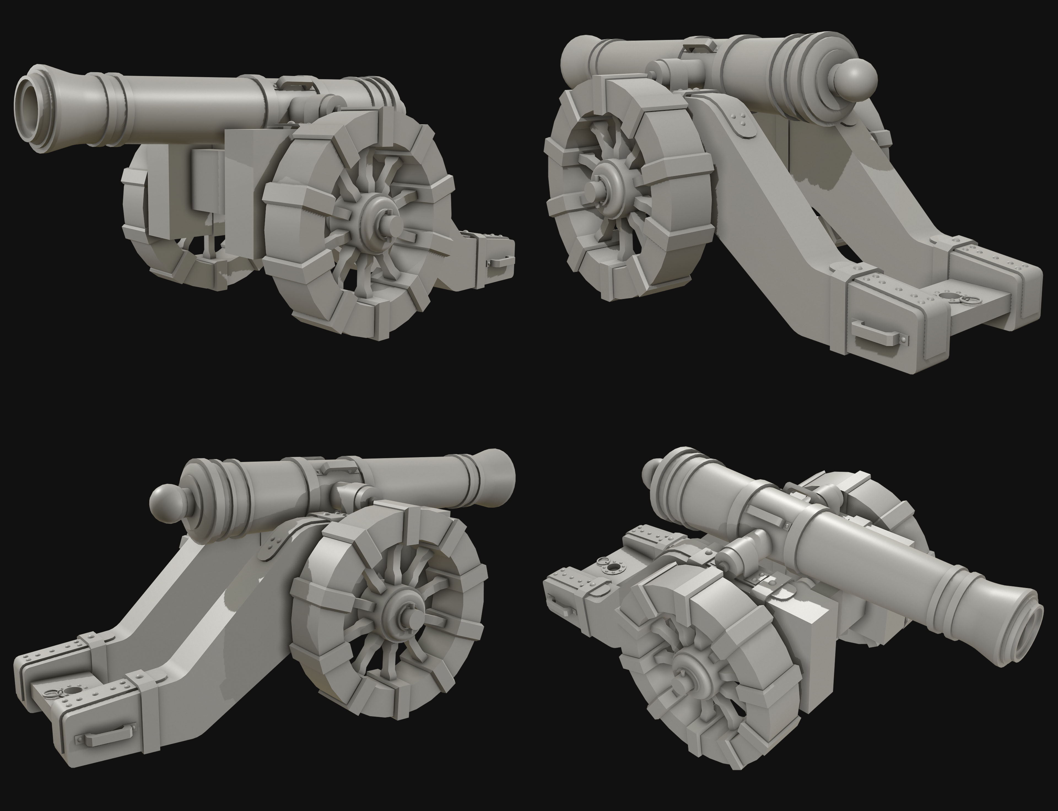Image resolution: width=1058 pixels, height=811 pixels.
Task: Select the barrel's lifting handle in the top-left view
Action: point(296,83)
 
